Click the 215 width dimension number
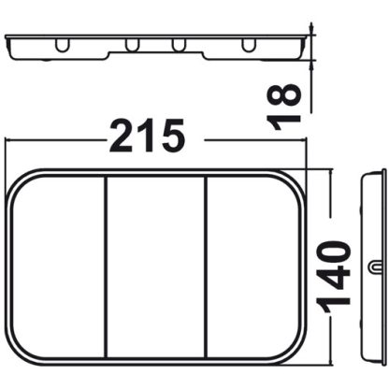148,137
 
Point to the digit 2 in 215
123,137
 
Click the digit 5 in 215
170,137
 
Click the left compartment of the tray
58,267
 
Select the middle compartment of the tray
155,267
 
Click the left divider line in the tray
106,267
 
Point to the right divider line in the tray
205,267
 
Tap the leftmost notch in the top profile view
62,45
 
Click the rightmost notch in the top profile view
248,45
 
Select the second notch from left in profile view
132,45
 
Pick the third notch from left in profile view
177,45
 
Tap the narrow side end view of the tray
374,267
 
